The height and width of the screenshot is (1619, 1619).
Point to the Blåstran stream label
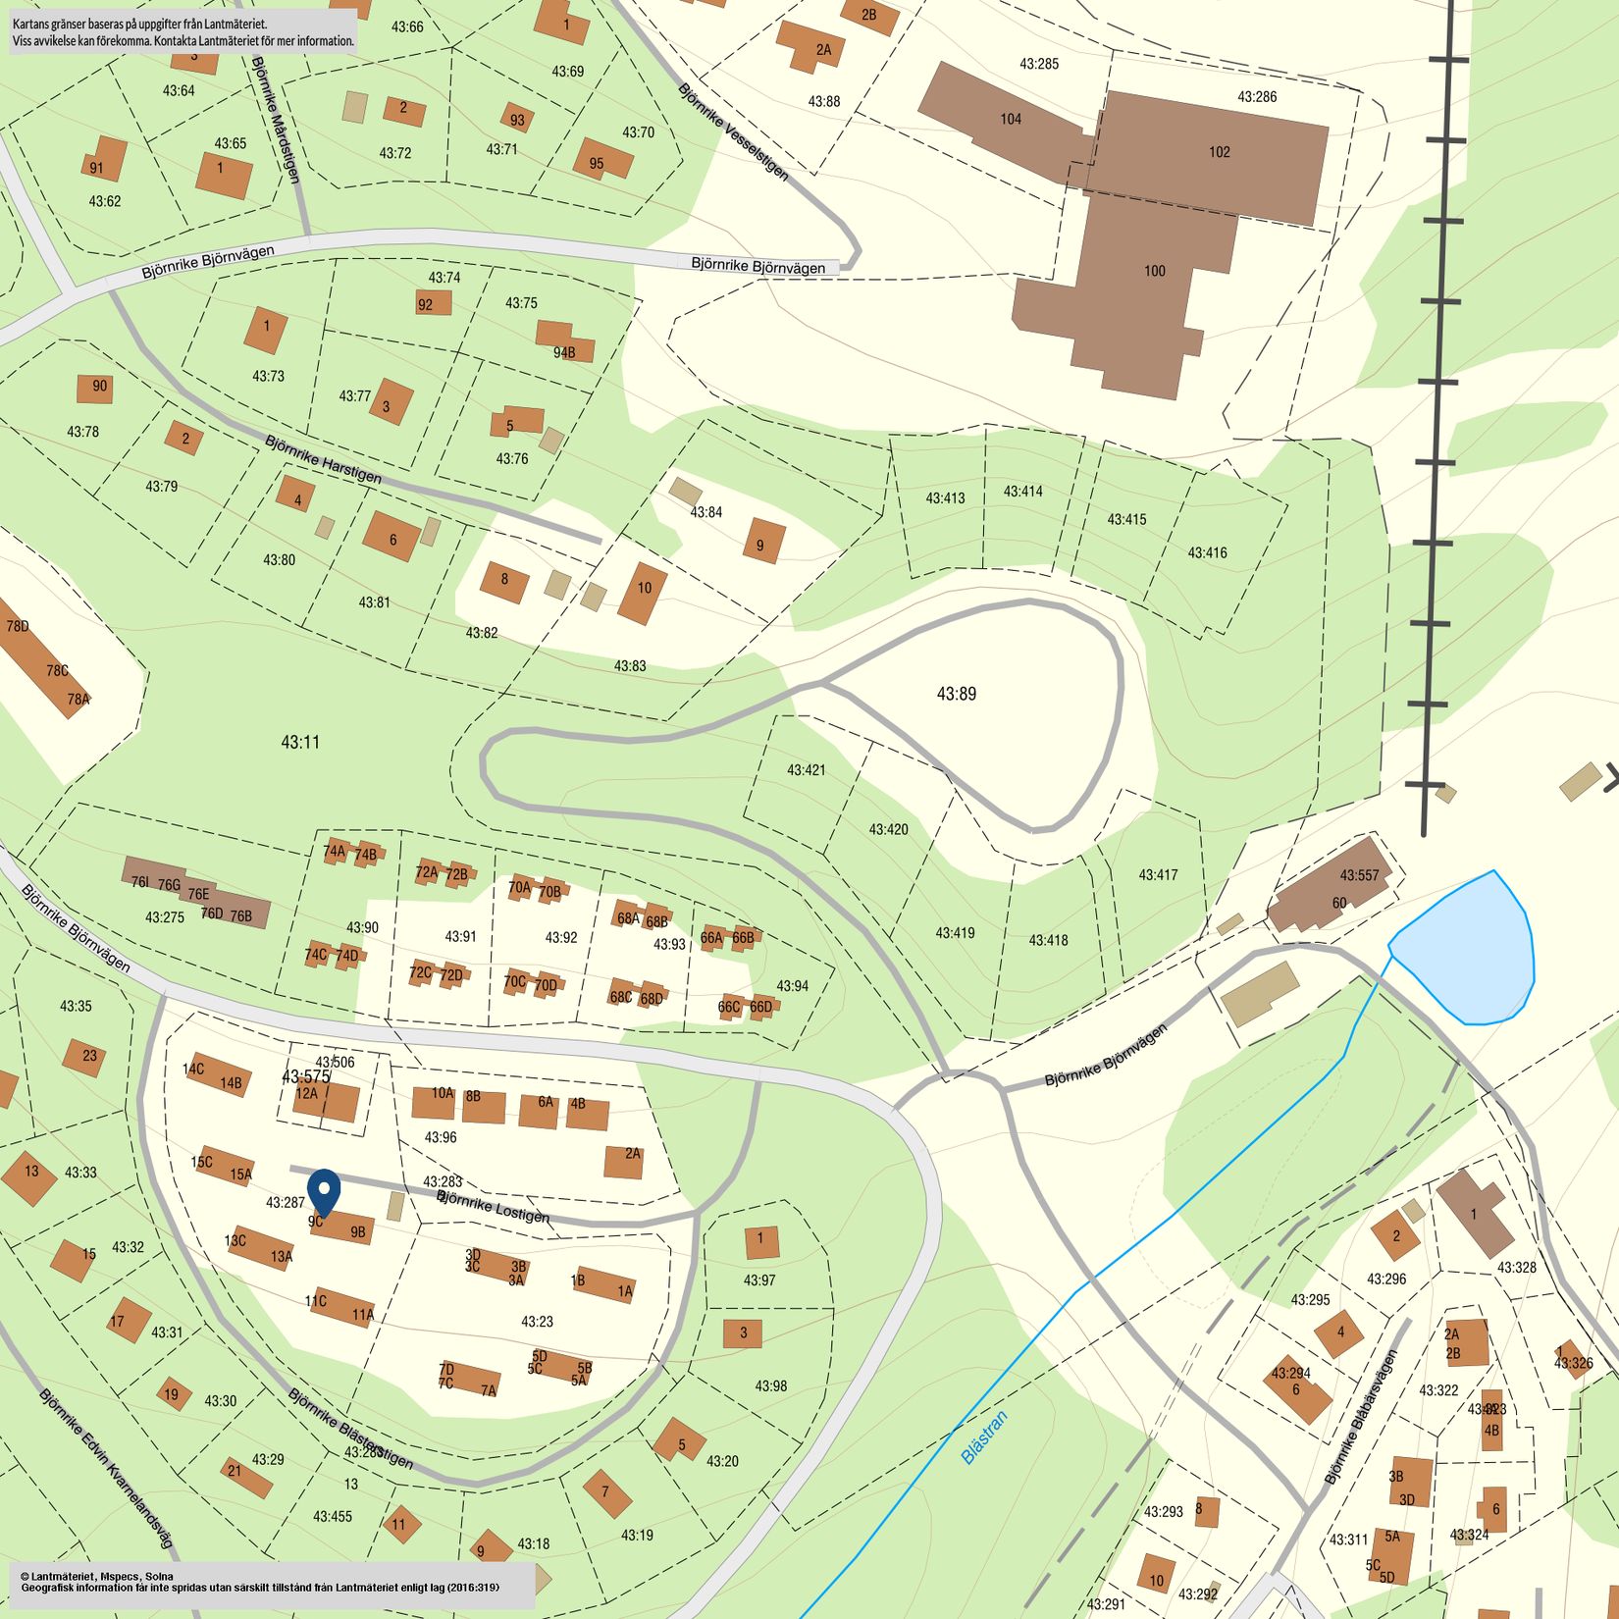tap(984, 1437)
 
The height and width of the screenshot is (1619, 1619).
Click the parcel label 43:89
tap(956, 694)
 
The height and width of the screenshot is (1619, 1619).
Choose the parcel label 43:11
tap(300, 742)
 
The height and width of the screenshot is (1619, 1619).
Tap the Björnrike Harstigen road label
tap(323, 459)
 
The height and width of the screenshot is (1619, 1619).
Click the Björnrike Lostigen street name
tap(494, 1207)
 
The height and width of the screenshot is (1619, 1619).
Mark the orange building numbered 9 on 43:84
tap(761, 542)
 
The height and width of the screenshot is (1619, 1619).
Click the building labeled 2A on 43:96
tap(624, 1160)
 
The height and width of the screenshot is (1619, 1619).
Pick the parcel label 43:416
tap(1207, 552)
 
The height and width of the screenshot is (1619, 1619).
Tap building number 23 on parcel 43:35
tap(85, 1057)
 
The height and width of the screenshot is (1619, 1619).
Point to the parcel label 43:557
tap(1359, 875)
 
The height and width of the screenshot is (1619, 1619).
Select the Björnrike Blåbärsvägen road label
tap(1360, 1418)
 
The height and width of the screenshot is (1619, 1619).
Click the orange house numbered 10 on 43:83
tap(643, 592)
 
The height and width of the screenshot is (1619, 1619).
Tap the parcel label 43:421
tap(806, 770)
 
